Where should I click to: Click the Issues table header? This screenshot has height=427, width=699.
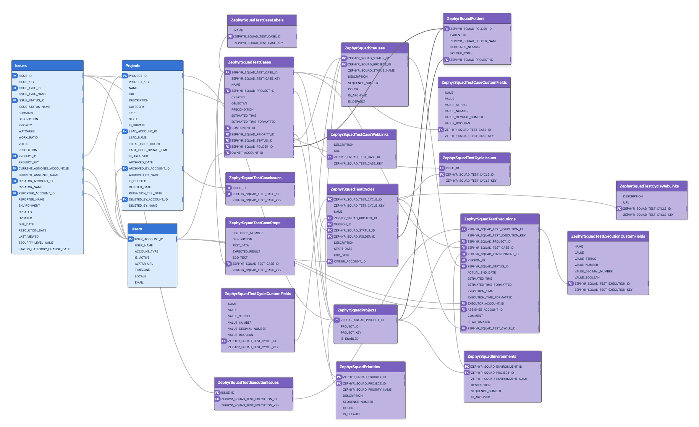tap(47, 66)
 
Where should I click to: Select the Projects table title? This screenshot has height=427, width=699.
tap(152, 66)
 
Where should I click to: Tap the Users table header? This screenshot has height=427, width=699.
tap(152, 229)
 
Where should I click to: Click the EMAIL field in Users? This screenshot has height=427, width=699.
tap(139, 283)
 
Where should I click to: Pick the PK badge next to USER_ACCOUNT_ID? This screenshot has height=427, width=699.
tap(131, 239)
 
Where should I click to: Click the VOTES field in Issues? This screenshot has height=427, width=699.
tap(23, 144)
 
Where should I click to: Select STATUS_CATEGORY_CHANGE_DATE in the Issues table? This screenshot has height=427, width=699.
tap(44, 249)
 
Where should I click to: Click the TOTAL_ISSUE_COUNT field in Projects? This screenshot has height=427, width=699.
tap(144, 144)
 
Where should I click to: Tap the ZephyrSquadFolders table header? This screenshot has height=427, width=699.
tap(477, 19)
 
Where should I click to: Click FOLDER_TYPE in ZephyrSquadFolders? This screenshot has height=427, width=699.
tap(460, 54)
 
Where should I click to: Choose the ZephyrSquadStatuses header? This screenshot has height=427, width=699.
tap(374, 48)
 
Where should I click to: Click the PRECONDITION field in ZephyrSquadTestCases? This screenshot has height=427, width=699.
tap(242, 110)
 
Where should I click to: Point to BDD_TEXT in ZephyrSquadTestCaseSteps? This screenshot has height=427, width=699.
tap(240, 258)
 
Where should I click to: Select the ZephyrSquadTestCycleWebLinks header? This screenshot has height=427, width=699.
tap(651, 186)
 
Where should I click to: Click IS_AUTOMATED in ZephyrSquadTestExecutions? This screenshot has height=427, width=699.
tap(479, 322)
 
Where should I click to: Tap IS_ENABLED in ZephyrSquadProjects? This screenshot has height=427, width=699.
tap(349, 339)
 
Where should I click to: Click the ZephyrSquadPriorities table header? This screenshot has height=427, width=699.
tap(370, 367)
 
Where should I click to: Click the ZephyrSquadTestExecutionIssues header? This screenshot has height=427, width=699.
tap(253, 383)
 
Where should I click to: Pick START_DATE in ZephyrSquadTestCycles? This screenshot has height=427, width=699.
tap(343, 249)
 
